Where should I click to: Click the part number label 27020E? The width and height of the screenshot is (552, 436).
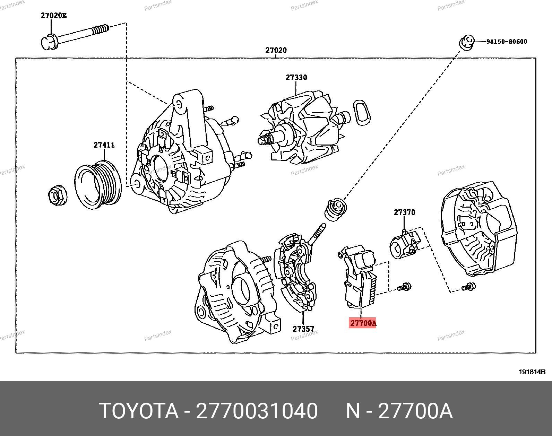53,15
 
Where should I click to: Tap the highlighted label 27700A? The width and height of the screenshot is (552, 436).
363,323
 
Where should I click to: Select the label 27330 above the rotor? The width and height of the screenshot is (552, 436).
296,77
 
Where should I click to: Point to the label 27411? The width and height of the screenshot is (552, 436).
104,145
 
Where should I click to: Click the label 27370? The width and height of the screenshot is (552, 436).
404,212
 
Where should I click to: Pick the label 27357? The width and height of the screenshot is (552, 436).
303,329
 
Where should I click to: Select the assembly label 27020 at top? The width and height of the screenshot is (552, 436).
276,50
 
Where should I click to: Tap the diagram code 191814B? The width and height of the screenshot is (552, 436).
532,372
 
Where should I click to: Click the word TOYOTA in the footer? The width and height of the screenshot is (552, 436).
138,411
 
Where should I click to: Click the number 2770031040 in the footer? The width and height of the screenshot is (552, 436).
257,411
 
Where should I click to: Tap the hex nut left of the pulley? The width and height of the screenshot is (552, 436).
57,195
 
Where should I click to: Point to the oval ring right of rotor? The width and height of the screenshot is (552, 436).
362,113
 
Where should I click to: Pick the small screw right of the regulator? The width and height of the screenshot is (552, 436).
404,287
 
